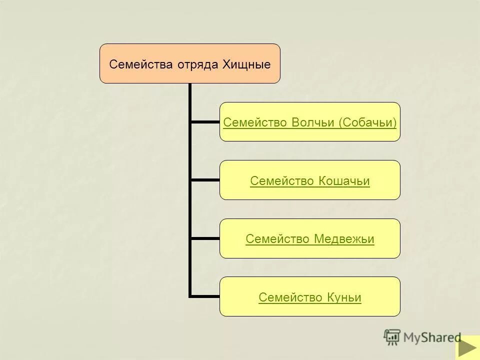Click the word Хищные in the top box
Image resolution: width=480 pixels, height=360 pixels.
(250, 64)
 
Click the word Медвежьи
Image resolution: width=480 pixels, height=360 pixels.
(344, 239)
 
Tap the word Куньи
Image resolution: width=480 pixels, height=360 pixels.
(344, 298)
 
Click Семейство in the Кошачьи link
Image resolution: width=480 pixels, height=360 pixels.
(281, 181)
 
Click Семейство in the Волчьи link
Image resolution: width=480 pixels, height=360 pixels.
(254, 122)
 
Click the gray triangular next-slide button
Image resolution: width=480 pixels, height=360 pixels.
(467, 348)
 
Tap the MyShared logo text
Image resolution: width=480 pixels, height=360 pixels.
(432, 337)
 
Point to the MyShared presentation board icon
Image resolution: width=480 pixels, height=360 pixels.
(392, 337)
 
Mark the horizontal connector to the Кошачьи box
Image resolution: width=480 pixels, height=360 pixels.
(205, 179)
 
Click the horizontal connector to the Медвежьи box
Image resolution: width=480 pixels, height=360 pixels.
(205, 238)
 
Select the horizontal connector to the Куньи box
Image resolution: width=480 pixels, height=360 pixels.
(205, 296)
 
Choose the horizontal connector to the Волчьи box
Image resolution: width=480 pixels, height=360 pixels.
(205, 121)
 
